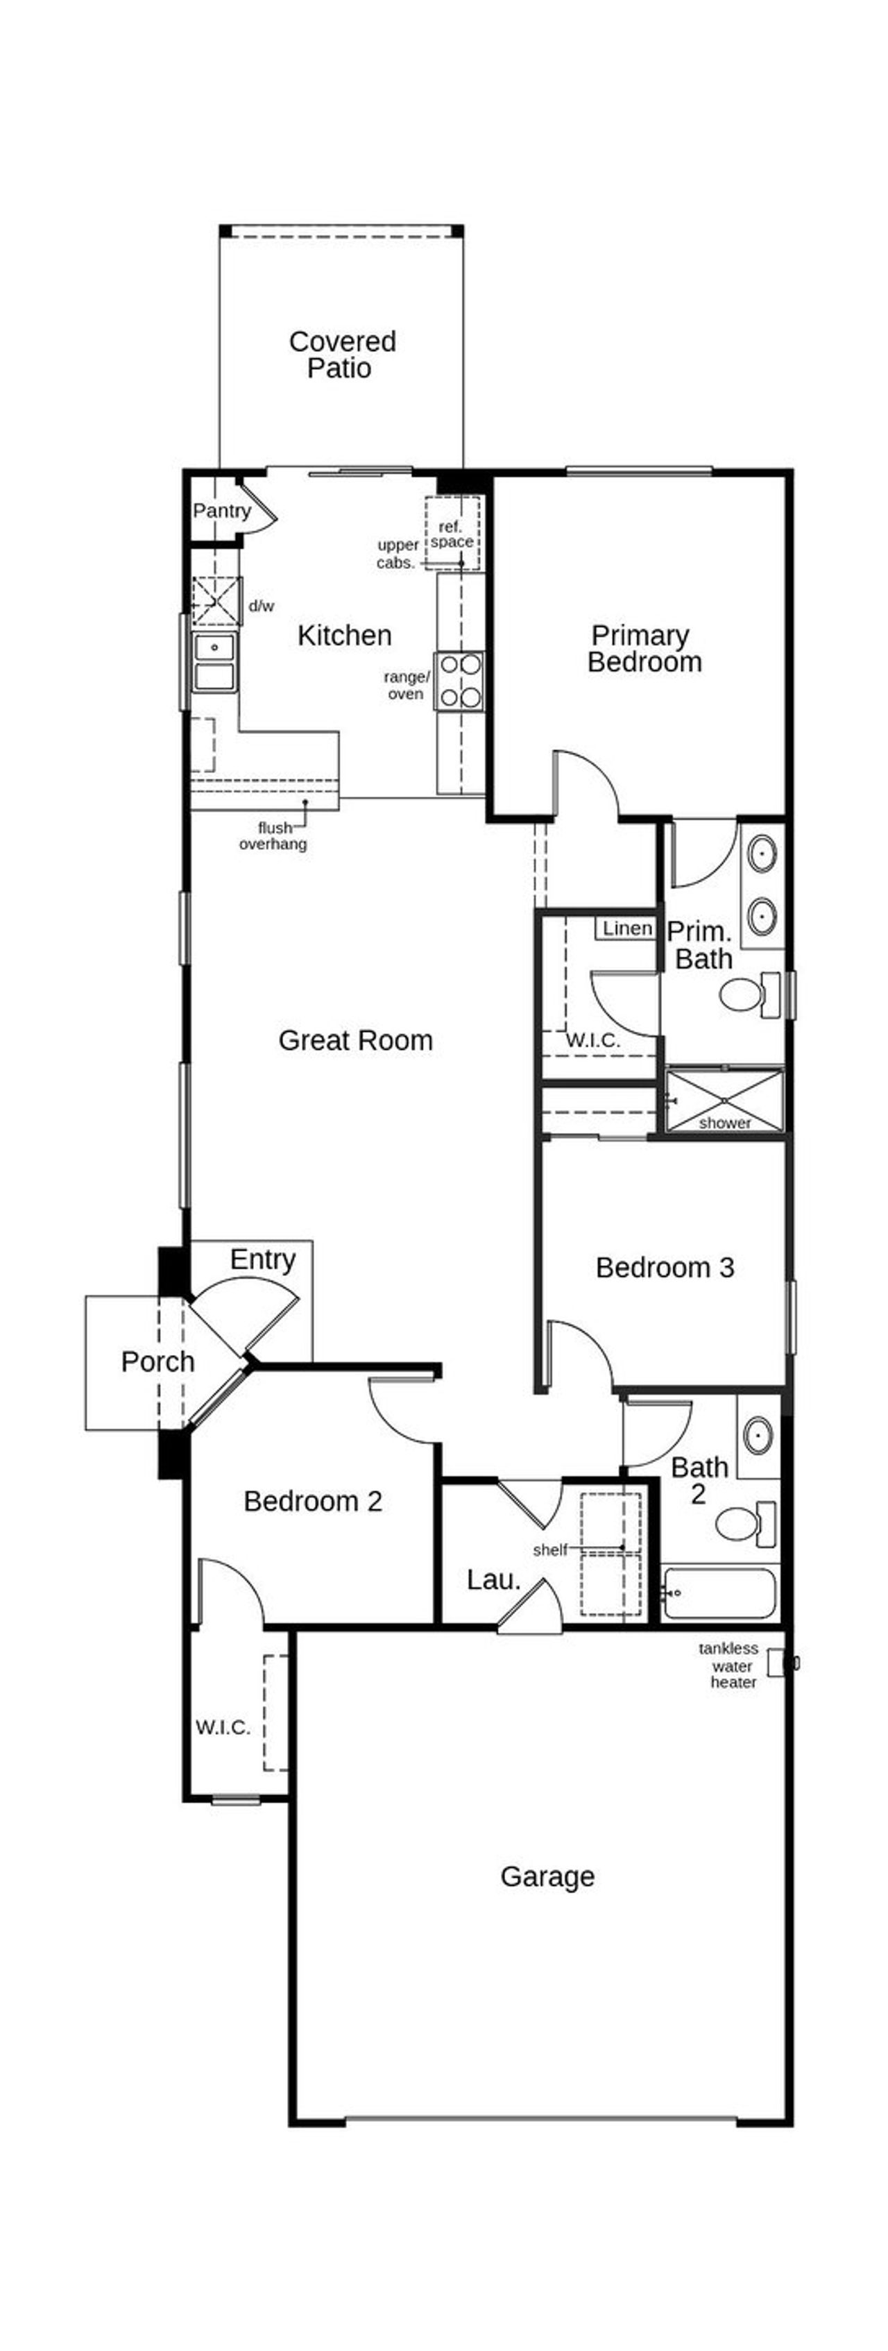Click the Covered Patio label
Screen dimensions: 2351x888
pyautogui.click(x=341, y=354)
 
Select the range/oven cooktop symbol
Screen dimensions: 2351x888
pyautogui.click(x=460, y=681)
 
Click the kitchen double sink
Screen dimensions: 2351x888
pyautogui.click(x=214, y=663)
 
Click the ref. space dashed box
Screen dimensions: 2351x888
pyautogui.click(x=452, y=533)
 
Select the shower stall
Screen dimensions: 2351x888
pyautogui.click(x=725, y=1101)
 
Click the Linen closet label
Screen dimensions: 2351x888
pyautogui.click(x=627, y=928)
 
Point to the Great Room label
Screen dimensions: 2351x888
pyautogui.click(x=355, y=1039)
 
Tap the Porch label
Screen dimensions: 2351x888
pyautogui.click(x=158, y=1361)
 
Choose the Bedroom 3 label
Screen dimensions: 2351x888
pyautogui.click(x=665, y=1267)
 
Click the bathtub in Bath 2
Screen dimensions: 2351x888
pyautogui.click(x=720, y=1593)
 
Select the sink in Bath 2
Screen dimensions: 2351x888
pyautogui.click(x=758, y=1436)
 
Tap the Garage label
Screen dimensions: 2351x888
pyautogui.click(x=547, y=1876)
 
